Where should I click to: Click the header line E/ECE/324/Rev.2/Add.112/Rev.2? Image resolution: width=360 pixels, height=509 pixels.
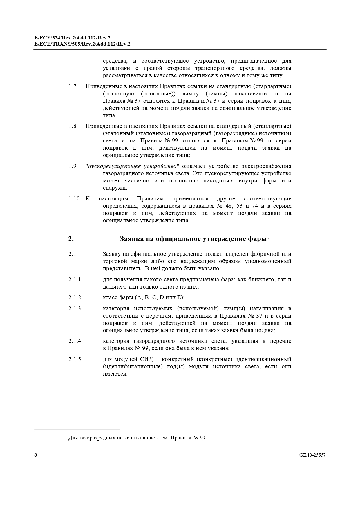[x=72, y=38]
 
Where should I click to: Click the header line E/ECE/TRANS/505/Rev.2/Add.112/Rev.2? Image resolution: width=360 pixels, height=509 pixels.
[x=82, y=44]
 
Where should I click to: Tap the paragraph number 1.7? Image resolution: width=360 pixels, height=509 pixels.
[x=73, y=86]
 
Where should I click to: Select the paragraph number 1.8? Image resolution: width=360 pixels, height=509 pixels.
[x=73, y=126]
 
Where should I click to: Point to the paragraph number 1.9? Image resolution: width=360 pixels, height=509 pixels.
[x=73, y=166]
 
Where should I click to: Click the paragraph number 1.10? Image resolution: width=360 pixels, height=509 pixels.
[x=74, y=199]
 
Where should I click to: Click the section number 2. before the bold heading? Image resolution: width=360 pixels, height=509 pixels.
[x=71, y=239]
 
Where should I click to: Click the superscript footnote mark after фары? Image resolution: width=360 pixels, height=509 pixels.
[x=267, y=238]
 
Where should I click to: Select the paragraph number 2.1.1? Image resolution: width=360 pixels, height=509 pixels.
[x=75, y=280]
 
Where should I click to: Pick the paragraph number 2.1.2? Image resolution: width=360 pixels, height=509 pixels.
[x=75, y=298]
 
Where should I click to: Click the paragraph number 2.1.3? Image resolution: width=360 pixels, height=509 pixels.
[x=75, y=309]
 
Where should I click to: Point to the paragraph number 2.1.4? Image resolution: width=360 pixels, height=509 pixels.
[x=75, y=341]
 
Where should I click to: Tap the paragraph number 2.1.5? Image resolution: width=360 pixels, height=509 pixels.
[x=75, y=359]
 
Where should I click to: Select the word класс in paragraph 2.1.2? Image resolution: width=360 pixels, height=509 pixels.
[x=110, y=298]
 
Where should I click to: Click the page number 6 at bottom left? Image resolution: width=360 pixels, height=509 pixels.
[x=36, y=455]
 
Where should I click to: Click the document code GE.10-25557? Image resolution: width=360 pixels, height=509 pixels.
[x=312, y=455]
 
